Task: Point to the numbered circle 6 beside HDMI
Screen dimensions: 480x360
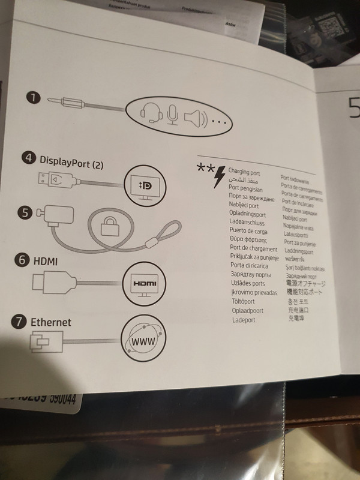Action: pyautogui.click(x=22, y=260)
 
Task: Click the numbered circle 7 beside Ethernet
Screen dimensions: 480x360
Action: pyautogui.click(x=19, y=322)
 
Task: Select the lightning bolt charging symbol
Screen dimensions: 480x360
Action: pyautogui.click(x=220, y=178)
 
